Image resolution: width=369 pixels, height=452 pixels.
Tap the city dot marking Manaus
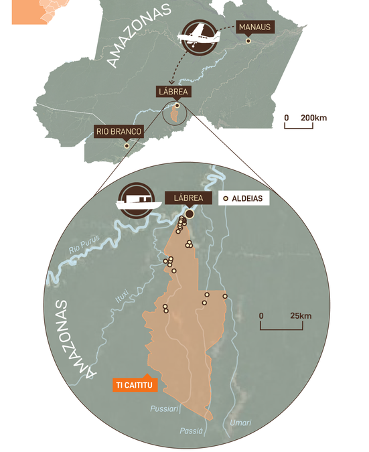click(248, 42)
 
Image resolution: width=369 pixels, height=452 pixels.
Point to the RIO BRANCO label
click(119, 131)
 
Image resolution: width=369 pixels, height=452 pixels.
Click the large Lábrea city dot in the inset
click(190, 214)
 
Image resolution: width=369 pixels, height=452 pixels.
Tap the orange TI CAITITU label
click(136, 385)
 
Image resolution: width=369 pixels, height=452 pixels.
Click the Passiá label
click(192, 432)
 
